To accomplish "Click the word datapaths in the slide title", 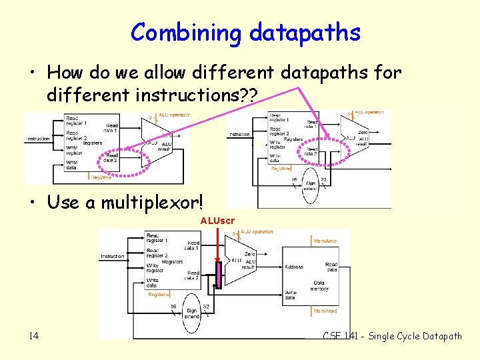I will (x=305, y=32).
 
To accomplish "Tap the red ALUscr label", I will (x=217, y=220).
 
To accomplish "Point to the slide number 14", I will (x=34, y=336).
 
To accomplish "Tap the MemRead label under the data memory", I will (x=325, y=311).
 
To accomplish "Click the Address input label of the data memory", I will (x=294, y=267).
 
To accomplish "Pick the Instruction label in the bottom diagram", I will (x=113, y=256).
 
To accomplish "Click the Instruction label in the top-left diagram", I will (x=38, y=139).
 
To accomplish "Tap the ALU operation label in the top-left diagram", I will (x=174, y=115).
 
